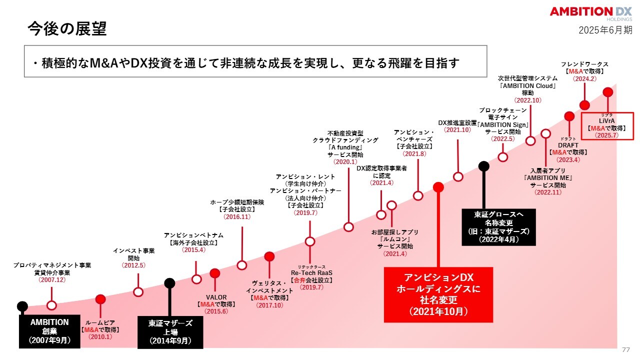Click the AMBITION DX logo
point(591,13)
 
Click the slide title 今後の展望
point(67,29)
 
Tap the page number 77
point(625,349)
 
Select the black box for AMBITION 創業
point(49,331)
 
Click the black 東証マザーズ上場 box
point(170,332)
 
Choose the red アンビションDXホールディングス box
point(438,295)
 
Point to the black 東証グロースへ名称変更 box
point(498,227)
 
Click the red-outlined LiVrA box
point(607,126)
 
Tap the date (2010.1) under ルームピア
point(100,337)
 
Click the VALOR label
point(216,297)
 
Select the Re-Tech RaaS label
point(311,273)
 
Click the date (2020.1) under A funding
point(345,161)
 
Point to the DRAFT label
point(568,145)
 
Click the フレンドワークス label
point(584,64)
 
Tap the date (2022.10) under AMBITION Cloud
point(527,100)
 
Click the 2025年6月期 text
point(605,30)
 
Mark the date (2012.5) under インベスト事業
point(133,265)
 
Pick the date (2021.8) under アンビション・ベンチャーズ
point(414,153)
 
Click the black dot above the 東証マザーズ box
point(169,283)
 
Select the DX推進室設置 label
point(457,123)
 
